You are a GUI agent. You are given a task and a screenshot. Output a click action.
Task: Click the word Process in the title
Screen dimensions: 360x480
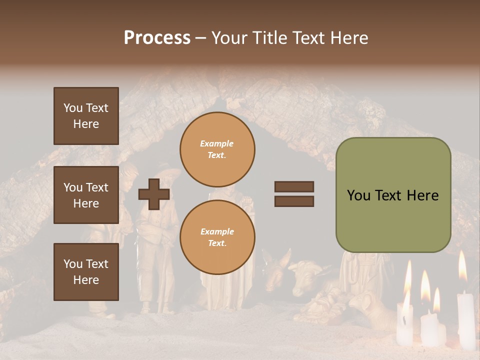tap(157, 38)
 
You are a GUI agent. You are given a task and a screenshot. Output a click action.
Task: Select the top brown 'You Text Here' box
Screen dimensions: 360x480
tap(86, 116)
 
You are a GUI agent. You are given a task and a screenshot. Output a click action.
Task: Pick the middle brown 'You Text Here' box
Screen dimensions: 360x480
tap(86, 195)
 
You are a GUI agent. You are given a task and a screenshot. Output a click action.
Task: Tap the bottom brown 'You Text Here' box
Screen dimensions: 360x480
tap(86, 272)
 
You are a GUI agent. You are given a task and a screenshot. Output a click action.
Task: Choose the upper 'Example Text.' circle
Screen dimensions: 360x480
tap(217, 149)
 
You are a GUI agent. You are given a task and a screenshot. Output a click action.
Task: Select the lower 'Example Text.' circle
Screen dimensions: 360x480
tap(217, 237)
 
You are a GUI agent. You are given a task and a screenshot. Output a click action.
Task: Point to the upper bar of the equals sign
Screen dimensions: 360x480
tap(294, 186)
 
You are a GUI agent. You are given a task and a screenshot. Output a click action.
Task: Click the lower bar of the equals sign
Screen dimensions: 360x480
tap(294, 201)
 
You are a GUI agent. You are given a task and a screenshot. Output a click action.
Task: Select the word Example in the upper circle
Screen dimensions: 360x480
tap(217, 143)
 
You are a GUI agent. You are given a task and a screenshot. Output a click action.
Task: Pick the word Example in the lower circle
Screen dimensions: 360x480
tap(217, 231)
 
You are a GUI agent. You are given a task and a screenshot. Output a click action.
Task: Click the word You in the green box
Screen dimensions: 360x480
tap(358, 195)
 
